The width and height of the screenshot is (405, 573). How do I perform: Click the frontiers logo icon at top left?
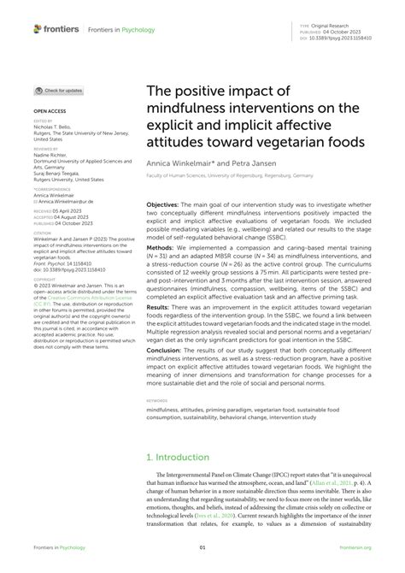[x=38, y=29]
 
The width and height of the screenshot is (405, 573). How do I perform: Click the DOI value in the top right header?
[x=346, y=38]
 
